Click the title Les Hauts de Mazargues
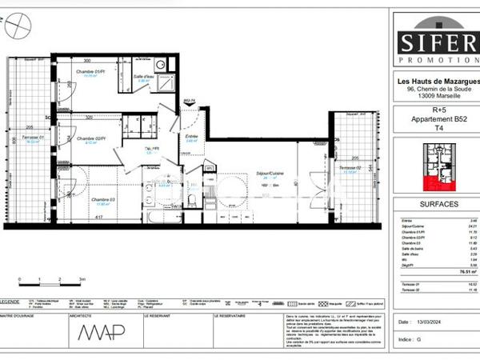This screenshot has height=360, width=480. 433,80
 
